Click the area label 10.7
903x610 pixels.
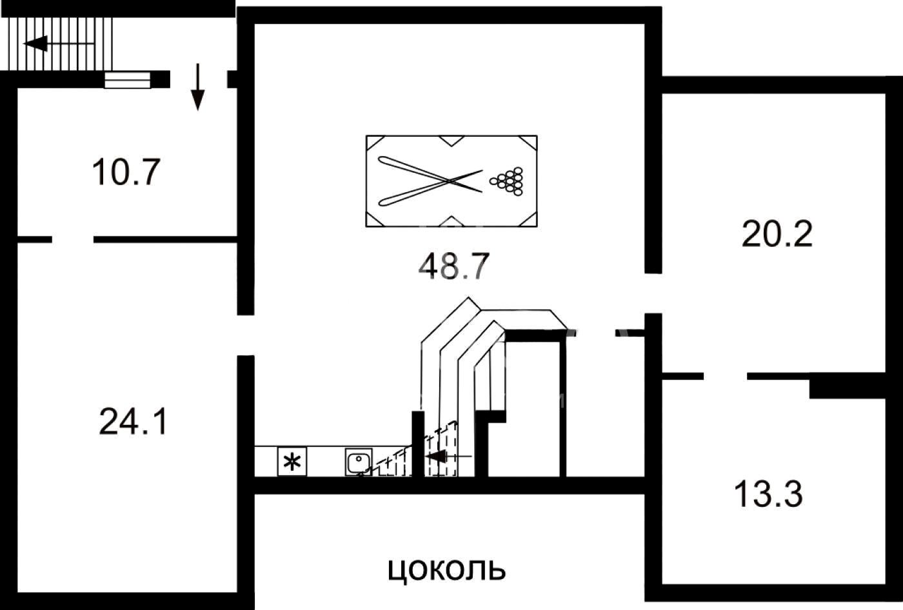coord(126,173)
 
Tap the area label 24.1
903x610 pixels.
coord(134,422)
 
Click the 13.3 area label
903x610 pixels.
coord(768,495)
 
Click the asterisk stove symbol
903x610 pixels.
coord(292,462)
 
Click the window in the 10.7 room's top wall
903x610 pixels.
coord(127,79)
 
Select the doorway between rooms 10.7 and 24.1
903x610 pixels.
coord(72,239)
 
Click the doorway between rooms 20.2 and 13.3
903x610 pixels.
coord(725,375)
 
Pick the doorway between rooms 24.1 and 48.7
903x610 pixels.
coord(245,335)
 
